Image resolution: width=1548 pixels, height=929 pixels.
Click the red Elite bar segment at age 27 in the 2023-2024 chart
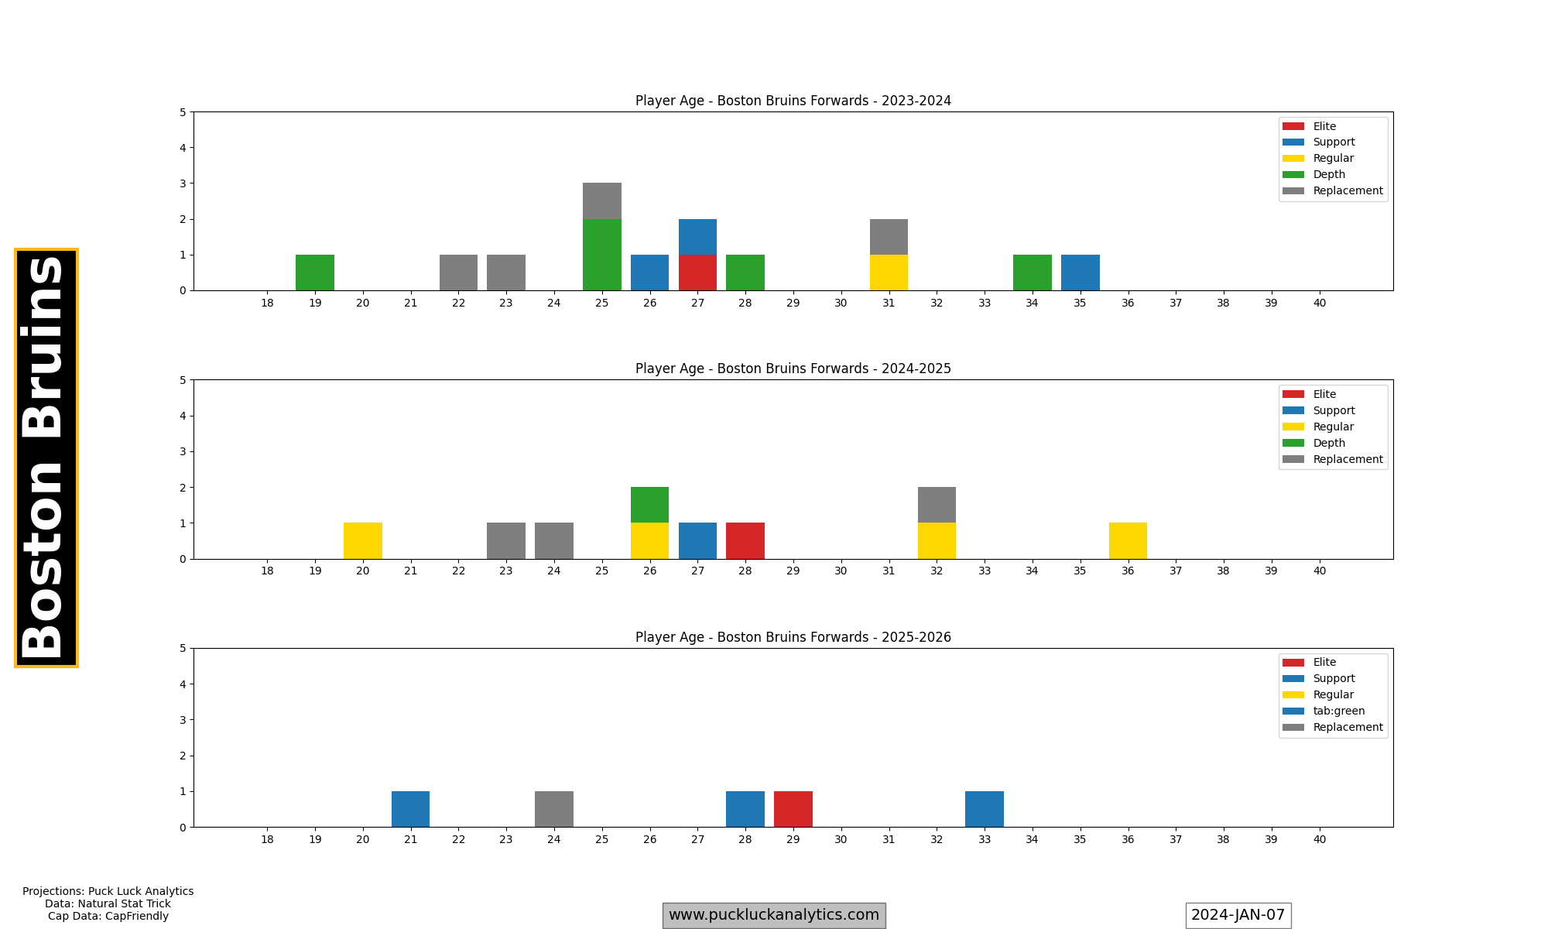[697, 273]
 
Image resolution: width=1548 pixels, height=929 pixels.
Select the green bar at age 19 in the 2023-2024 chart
[315, 273]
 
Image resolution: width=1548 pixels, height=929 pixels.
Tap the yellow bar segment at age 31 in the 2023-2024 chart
[889, 273]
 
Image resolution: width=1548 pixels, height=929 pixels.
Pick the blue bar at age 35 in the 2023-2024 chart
[1080, 273]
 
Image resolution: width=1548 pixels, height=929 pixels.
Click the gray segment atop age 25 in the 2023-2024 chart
[602, 201]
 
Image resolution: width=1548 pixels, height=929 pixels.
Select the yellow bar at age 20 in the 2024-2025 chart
[363, 541]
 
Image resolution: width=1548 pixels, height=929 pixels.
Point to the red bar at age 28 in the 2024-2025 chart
[745, 541]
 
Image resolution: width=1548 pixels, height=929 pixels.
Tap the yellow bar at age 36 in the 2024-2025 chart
[1128, 541]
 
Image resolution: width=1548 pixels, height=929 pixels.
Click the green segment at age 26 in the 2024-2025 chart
[649, 505]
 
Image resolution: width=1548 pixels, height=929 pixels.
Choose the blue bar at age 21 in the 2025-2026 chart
[410, 809]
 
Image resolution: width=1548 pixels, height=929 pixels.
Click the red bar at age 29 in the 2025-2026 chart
[793, 809]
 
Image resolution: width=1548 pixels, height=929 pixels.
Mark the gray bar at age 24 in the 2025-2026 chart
[554, 809]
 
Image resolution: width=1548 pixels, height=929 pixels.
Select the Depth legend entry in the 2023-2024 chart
[1329, 174]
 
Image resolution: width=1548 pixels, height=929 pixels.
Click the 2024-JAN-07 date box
[1238, 915]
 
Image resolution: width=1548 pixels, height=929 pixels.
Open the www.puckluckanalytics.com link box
[774, 915]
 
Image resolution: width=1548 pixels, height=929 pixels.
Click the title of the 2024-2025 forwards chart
[793, 369]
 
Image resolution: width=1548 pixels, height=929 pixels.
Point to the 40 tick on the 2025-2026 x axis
[1319, 839]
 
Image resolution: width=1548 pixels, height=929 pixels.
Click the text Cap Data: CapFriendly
[108, 916]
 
